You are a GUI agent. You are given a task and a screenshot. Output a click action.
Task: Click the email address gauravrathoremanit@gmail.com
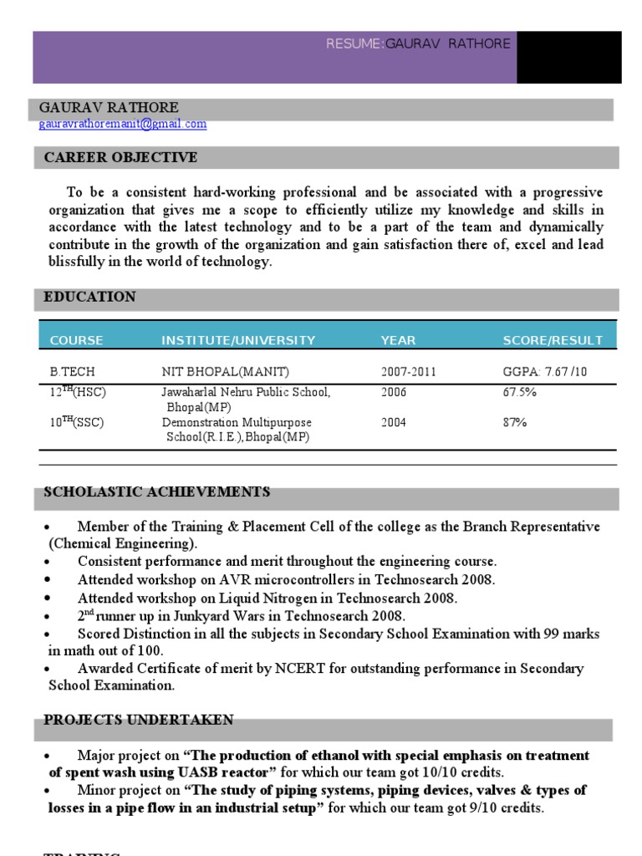(122, 125)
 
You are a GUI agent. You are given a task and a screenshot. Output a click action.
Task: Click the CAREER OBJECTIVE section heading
(120, 157)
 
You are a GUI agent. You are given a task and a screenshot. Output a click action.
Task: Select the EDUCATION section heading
(89, 298)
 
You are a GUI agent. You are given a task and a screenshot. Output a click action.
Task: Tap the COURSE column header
(77, 340)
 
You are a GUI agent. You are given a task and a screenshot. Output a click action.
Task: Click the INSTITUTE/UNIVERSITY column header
(238, 340)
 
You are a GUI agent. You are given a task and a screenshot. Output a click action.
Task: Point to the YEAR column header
(398, 340)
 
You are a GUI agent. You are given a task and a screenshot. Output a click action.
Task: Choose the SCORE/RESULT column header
(553, 340)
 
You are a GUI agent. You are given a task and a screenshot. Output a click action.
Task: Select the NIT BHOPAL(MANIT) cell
(218, 372)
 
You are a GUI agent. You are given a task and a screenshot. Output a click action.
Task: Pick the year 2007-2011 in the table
(409, 372)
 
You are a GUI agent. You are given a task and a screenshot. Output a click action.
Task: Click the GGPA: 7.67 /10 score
(545, 372)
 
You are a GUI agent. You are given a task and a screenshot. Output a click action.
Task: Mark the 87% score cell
(515, 423)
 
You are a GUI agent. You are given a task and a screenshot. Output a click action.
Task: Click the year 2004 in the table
(394, 423)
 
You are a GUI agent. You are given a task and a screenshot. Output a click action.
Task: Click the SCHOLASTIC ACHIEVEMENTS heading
(157, 492)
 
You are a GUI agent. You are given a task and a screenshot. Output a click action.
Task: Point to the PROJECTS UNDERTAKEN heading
(139, 721)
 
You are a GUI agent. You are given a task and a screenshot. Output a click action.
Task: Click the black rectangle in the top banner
(568, 58)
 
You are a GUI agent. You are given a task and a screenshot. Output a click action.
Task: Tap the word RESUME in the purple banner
(354, 43)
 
